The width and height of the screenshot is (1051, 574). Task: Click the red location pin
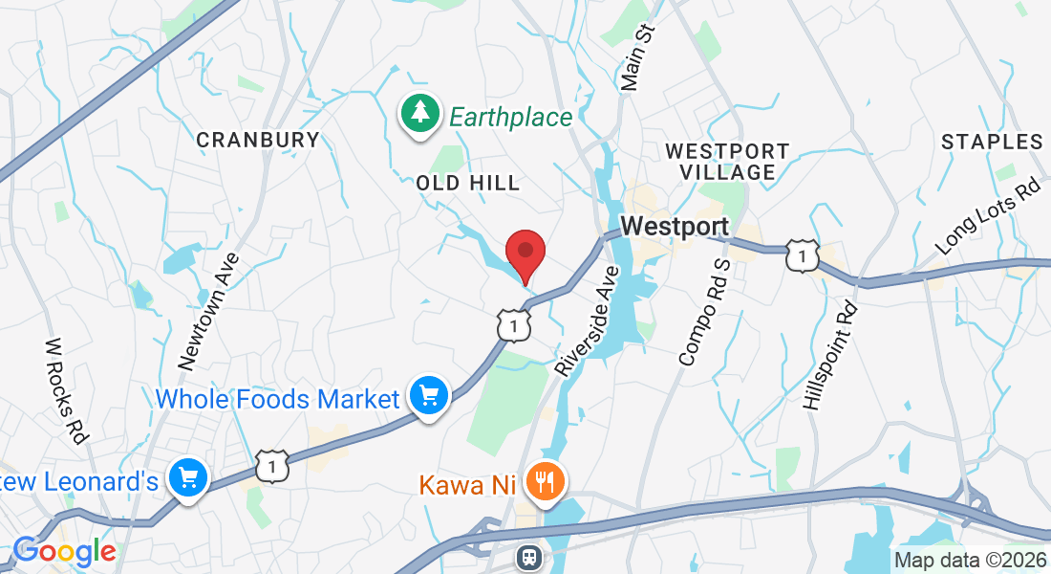click(525, 252)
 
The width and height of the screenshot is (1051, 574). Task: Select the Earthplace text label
click(510, 118)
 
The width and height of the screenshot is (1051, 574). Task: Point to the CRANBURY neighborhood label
click(258, 140)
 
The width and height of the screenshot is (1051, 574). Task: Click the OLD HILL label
click(468, 183)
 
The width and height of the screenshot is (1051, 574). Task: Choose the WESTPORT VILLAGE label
click(727, 162)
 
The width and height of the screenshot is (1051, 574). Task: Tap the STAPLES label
click(992, 142)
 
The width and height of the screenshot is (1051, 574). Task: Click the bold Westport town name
click(675, 228)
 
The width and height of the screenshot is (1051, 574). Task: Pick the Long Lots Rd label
click(988, 216)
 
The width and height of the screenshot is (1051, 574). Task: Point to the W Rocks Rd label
click(66, 389)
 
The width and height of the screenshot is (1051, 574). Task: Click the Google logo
click(64, 551)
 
